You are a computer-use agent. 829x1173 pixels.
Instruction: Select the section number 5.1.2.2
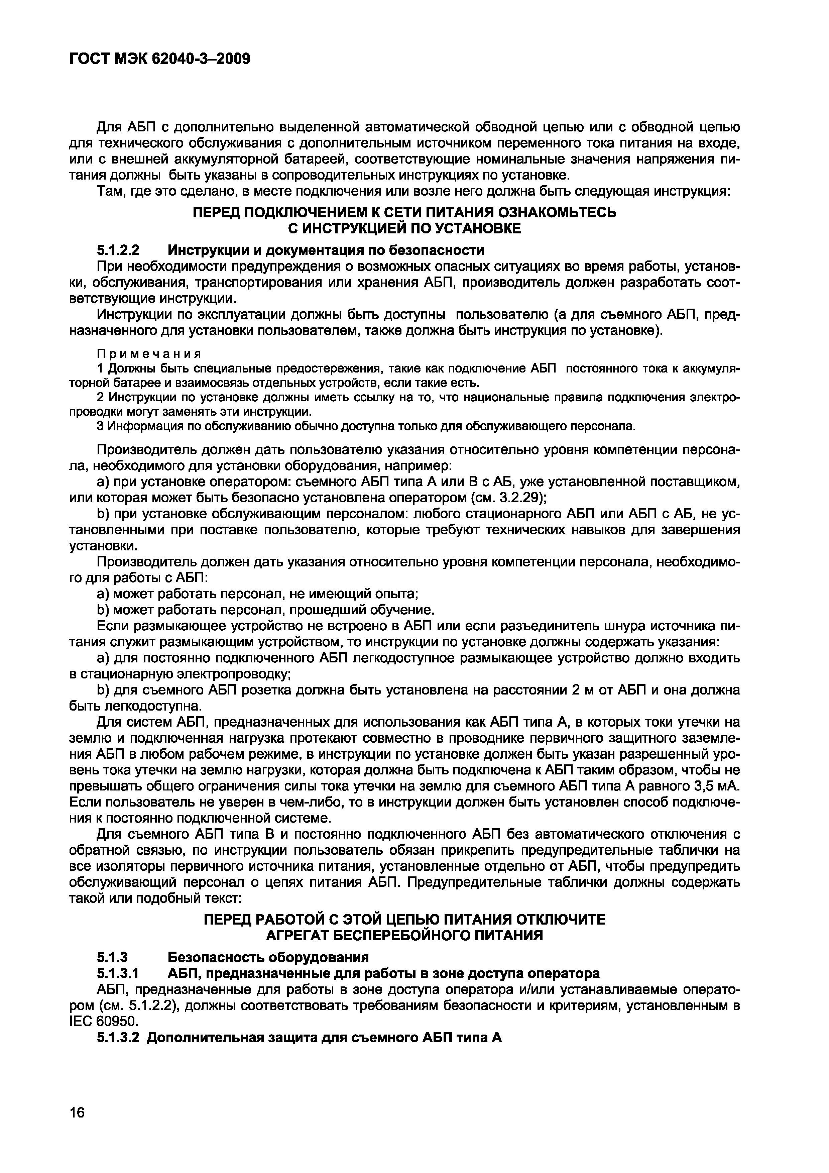[118, 250]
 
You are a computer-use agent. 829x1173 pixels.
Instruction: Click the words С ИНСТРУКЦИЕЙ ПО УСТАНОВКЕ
[404, 229]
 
